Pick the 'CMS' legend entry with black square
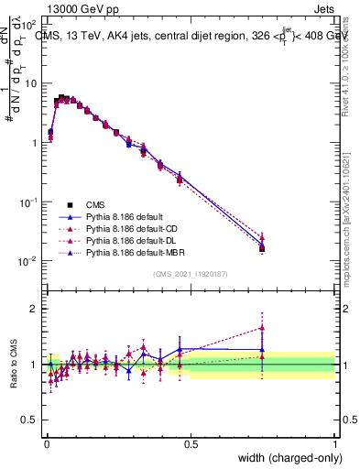96,204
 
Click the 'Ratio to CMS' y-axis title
14,365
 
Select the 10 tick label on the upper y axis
30,83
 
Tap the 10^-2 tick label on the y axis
27,261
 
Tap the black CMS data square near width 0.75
262,248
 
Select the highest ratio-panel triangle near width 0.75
262,327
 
